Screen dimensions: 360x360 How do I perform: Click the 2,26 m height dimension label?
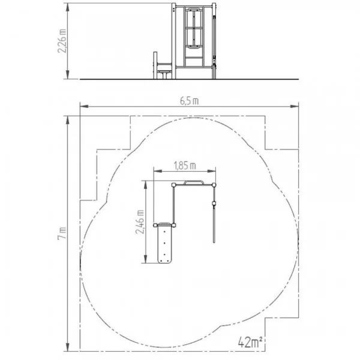click(x=62, y=41)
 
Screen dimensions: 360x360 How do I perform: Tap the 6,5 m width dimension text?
click(x=189, y=101)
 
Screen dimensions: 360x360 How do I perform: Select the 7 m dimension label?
click(x=62, y=233)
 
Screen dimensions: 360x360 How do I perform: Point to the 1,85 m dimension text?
click(x=185, y=166)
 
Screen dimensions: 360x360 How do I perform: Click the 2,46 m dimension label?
click(x=140, y=222)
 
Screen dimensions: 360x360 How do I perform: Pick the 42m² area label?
click(x=250, y=343)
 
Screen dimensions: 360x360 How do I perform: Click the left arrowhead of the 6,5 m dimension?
click(x=84, y=106)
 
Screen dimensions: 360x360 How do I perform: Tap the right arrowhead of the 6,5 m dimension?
click(x=295, y=106)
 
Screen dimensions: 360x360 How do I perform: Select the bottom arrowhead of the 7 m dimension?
click(x=67, y=347)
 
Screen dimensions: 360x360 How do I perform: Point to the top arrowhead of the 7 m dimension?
click(x=67, y=121)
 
